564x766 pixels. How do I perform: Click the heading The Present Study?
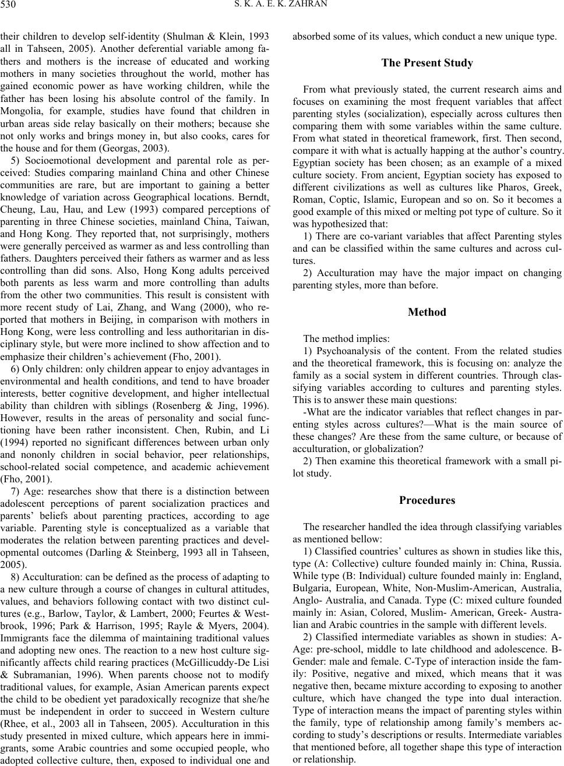427,63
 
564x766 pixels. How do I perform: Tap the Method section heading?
427,312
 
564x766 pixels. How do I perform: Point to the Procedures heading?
427,500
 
